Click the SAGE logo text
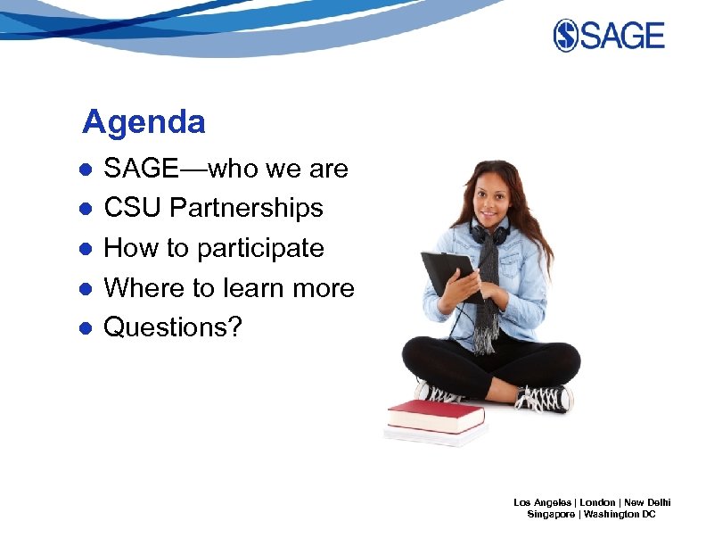coord(624,36)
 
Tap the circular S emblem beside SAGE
coord(566,36)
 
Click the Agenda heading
coord(144,122)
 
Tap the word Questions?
coord(173,327)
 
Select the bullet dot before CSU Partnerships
coord(84,209)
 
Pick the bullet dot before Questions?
coord(84,328)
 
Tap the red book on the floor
coord(435,415)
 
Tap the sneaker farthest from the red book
coord(544,398)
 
